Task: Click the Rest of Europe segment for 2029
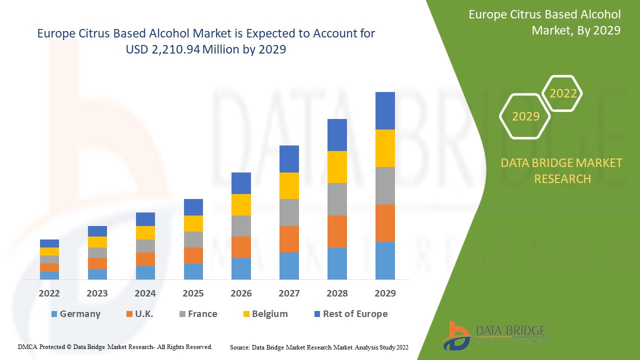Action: (385, 110)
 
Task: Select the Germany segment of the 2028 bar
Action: (337, 263)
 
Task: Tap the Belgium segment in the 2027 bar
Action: (289, 185)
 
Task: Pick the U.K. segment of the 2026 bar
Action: (241, 247)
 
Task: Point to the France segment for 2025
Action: (193, 239)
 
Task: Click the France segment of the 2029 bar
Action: (385, 185)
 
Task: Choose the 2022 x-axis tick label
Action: (49, 293)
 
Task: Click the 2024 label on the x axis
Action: (145, 293)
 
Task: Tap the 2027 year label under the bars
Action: (289, 293)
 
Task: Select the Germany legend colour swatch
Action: (54, 314)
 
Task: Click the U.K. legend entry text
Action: (144, 314)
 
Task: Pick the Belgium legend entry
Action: (269, 314)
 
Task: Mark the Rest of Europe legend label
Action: (355, 314)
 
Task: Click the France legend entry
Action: (202, 314)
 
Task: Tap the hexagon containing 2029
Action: (525, 116)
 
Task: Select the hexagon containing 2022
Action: (563, 93)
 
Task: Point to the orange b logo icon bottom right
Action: (456, 335)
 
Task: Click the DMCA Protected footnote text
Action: (115, 346)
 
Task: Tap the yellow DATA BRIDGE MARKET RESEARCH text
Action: (562, 170)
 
